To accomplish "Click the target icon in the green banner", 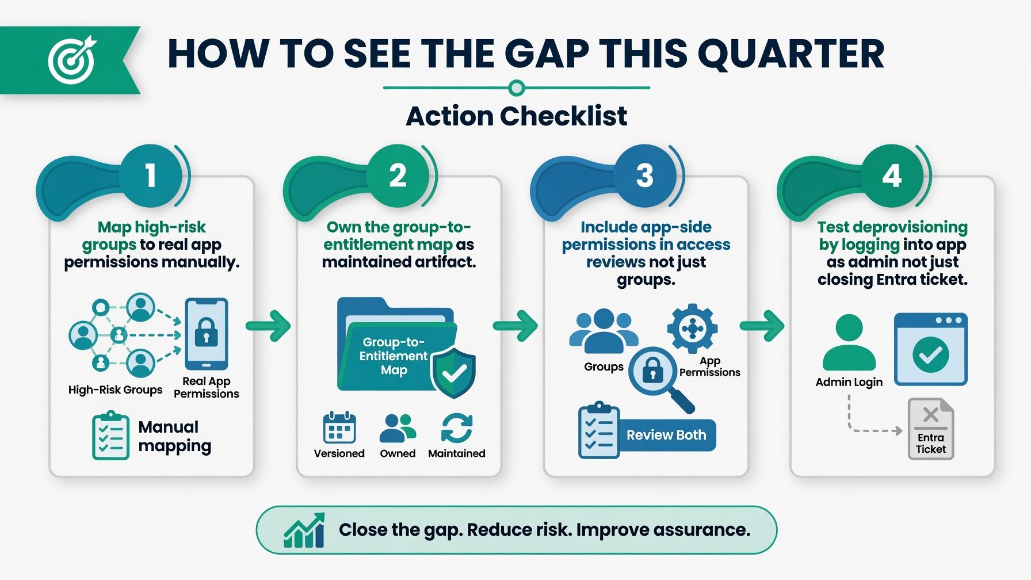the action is point(71,59).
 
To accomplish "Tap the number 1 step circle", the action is point(151,175).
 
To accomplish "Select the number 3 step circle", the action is point(645,175).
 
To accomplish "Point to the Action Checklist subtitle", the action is point(516,116).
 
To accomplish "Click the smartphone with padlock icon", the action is point(206,334).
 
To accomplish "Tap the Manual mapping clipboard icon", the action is point(110,436).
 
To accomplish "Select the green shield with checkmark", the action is point(454,373).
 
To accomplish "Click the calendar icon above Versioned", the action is point(339,428).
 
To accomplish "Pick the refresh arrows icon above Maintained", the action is point(457,428).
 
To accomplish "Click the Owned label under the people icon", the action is point(398,453).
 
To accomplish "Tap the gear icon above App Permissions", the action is point(692,329).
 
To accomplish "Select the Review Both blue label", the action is point(666,435).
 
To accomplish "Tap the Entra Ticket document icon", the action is point(930,429).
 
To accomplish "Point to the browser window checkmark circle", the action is point(931,354).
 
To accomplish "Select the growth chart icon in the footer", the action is point(304,530).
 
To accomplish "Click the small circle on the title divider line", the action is point(517,88).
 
